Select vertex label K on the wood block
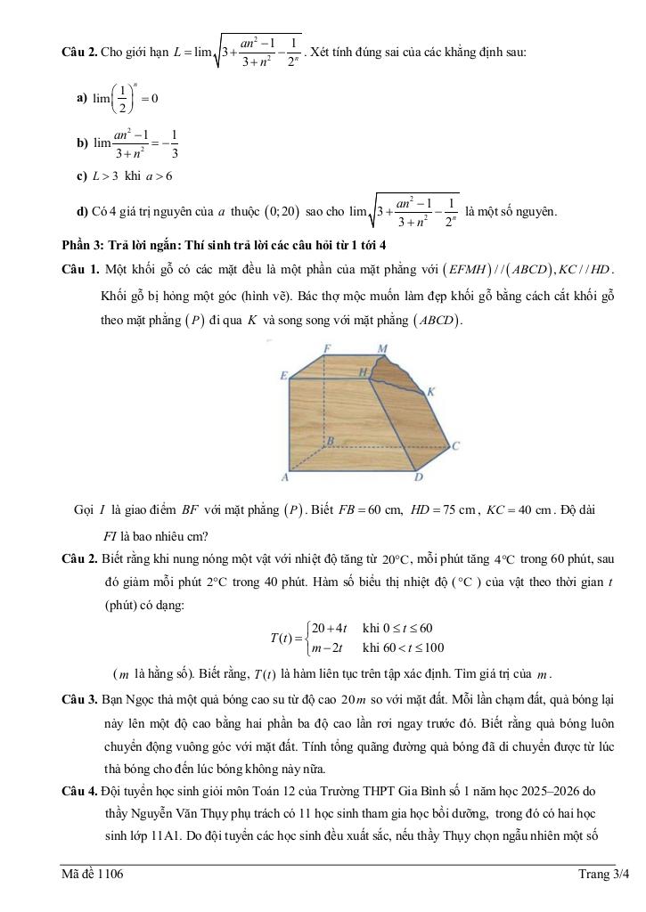click(x=430, y=391)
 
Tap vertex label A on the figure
click(x=285, y=478)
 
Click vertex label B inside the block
click(x=330, y=441)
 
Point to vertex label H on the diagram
click(x=363, y=370)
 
